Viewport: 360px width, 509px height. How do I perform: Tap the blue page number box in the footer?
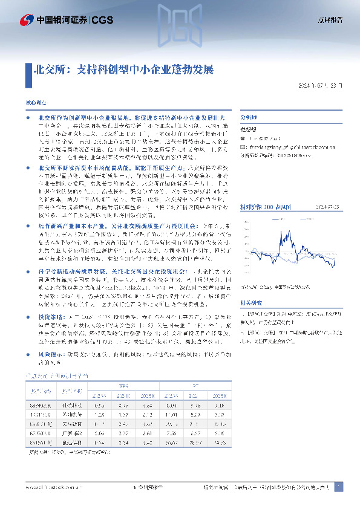338,486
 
